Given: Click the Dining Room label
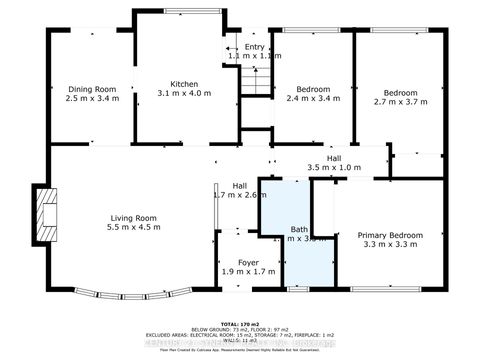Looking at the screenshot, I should (92, 88).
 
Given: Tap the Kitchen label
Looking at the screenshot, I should (185, 84).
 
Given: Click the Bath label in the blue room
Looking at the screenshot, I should (299, 229).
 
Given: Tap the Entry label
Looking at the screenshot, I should (255, 47).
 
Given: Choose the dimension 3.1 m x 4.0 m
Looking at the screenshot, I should (185, 95).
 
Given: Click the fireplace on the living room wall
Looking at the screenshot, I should (43, 214).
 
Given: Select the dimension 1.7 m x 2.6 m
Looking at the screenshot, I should (240, 196).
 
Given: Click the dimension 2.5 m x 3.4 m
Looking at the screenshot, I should (92, 99).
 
